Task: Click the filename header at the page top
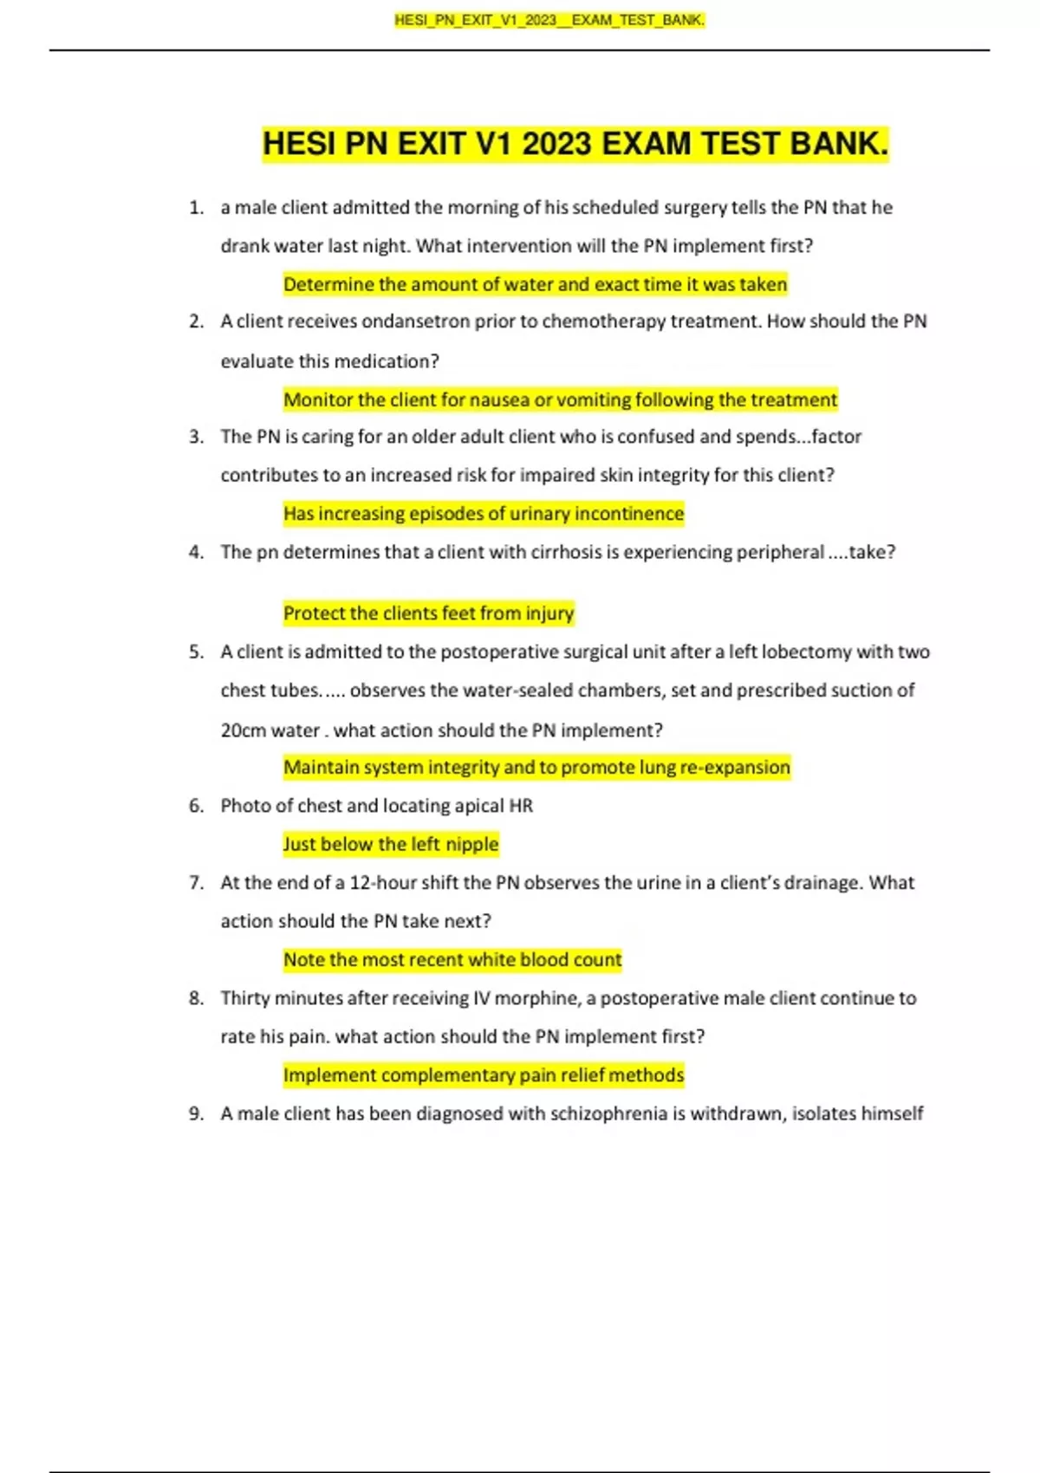pos(549,20)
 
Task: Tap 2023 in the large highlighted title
pos(556,144)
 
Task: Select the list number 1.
pos(196,208)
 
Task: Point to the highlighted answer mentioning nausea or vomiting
pos(560,399)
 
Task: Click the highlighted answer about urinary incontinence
pos(483,514)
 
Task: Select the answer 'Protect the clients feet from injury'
pos(428,613)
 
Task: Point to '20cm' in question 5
pos(243,730)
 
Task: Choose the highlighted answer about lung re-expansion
pos(536,767)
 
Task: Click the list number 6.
pos(196,806)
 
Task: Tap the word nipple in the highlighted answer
pos(472,844)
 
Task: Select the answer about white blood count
pos(452,959)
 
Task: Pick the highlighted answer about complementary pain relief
pos(483,1075)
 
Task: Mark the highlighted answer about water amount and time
pos(535,284)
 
